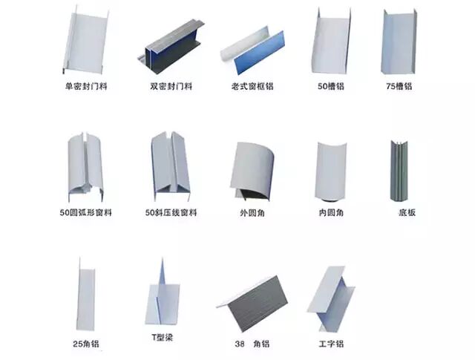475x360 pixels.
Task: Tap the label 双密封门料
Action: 171,86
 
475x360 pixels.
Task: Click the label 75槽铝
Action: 401,86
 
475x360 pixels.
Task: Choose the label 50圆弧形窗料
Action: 86,213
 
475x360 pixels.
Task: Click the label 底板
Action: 407,213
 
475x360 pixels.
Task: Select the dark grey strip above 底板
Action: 399,169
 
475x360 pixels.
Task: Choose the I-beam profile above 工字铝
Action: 330,297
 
